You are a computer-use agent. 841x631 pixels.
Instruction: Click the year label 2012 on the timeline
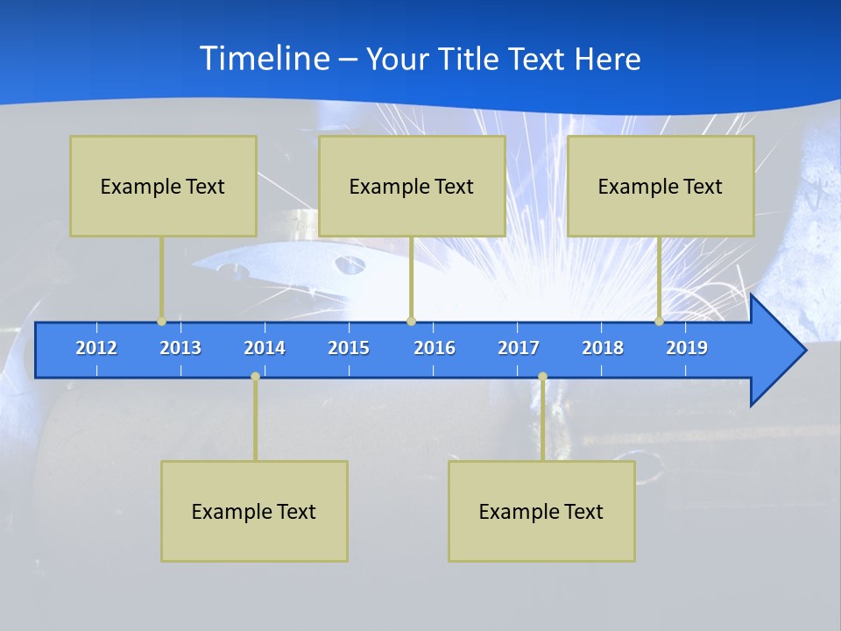pos(96,348)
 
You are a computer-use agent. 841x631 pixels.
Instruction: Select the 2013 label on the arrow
pos(180,348)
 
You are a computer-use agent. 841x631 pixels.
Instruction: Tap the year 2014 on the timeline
pos(265,348)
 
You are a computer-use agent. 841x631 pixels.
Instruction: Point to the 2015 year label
pos(349,348)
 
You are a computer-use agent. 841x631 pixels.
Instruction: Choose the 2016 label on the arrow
pos(435,348)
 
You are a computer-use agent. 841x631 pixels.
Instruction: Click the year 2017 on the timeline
pos(519,348)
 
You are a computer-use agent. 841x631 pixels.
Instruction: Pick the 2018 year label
pos(603,348)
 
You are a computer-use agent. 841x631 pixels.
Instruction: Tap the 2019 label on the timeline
pos(687,348)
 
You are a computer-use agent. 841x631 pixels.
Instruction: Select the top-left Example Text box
pos(163,186)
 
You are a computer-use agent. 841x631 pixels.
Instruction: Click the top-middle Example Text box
pos(412,186)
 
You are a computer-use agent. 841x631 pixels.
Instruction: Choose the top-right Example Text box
pos(661,186)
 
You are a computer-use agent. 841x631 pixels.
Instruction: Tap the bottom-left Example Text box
pos(254,511)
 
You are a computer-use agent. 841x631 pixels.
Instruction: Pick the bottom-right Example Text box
pos(541,511)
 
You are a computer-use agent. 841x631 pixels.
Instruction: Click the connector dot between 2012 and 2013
pos(161,321)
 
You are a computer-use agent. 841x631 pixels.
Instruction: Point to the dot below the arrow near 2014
pos(255,376)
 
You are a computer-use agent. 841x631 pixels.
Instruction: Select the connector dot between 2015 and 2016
pos(411,321)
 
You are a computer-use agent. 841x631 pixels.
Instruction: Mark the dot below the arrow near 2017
pos(542,376)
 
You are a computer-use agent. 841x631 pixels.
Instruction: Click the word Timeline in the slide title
pos(264,59)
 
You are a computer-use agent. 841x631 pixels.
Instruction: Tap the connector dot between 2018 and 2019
pos(659,321)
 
